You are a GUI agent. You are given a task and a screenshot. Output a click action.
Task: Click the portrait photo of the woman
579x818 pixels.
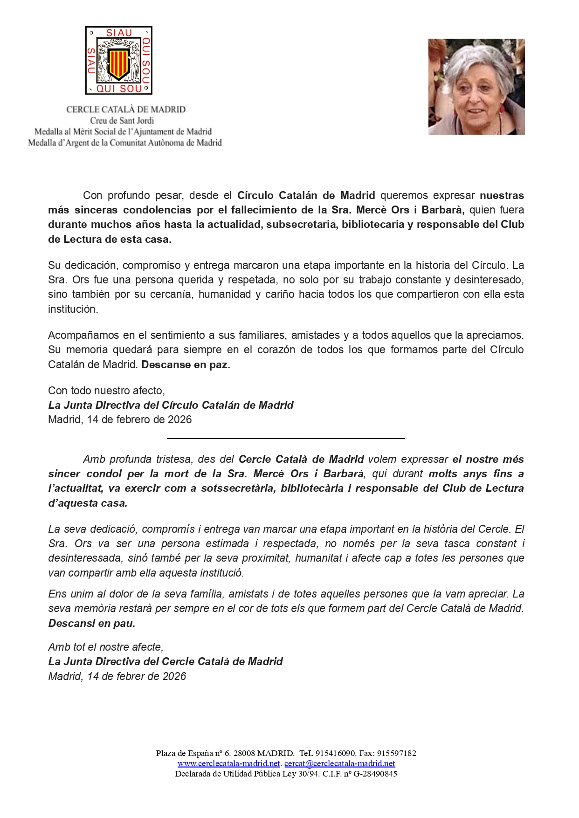[476, 87]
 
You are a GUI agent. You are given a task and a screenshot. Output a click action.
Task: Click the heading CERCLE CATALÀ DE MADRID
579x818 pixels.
[126, 110]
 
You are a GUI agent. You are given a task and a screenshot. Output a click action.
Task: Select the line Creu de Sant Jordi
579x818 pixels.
[122, 121]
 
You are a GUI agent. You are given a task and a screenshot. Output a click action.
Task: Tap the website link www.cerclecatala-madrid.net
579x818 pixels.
[228, 763]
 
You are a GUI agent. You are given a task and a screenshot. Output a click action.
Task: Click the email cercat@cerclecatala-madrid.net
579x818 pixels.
[339, 763]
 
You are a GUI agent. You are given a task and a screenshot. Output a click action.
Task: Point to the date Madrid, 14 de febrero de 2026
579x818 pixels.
[120, 419]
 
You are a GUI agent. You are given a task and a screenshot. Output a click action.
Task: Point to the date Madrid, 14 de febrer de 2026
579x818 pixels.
[117, 676]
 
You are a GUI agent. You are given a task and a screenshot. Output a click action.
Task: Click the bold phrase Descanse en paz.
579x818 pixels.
[186, 364]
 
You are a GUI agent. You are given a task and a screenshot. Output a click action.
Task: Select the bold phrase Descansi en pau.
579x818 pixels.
[92, 623]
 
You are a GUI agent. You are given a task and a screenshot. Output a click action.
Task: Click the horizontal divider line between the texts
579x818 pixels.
[286, 438]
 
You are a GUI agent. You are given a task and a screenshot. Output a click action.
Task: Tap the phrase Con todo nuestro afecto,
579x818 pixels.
[106, 391]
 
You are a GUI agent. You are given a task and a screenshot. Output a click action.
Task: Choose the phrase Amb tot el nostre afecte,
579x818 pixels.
[106, 647]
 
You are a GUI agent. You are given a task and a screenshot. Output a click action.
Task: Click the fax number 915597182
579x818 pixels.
[396, 753]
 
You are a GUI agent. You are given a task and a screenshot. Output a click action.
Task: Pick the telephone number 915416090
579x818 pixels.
[336, 753]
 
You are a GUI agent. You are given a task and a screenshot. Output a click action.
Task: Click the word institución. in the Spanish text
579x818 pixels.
[73, 309]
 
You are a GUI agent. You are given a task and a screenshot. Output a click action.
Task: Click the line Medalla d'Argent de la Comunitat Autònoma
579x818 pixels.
[125, 143]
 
